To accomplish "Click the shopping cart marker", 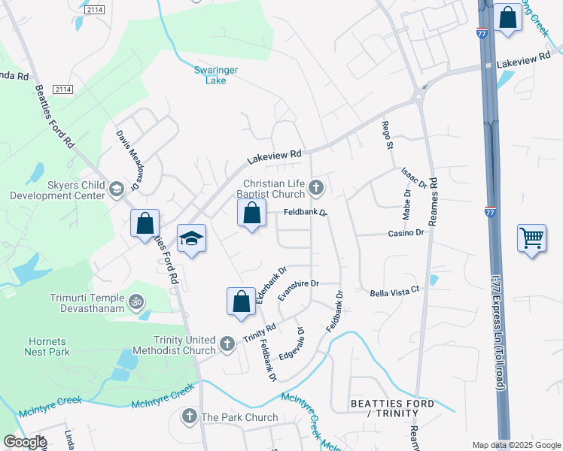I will pyautogui.click(x=532, y=238).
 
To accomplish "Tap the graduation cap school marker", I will pyautogui.click(x=191, y=239).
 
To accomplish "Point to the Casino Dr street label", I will pyautogui.click(x=406, y=233).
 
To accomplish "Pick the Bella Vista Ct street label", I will pyautogui.click(x=393, y=290).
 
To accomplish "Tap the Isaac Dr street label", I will pyautogui.click(x=415, y=179).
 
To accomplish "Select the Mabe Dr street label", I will pyautogui.click(x=406, y=204).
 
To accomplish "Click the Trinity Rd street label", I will pyautogui.click(x=260, y=333).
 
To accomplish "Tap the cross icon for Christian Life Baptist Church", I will pyautogui.click(x=317, y=187).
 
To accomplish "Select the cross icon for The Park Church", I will pyautogui.click(x=190, y=416).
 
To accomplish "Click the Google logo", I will pyautogui.click(x=25, y=442).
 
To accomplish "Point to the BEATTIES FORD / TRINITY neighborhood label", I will pyautogui.click(x=392, y=408).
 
